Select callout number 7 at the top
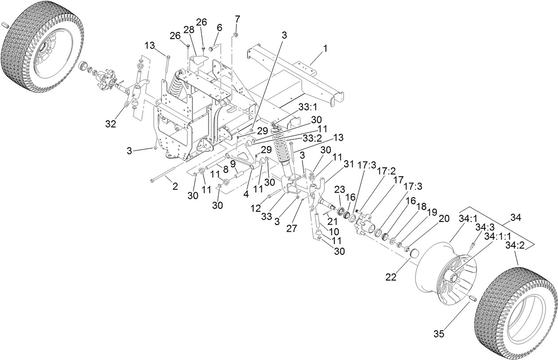click(x=237, y=19)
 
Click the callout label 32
click(x=110, y=125)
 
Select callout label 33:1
click(x=307, y=107)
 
